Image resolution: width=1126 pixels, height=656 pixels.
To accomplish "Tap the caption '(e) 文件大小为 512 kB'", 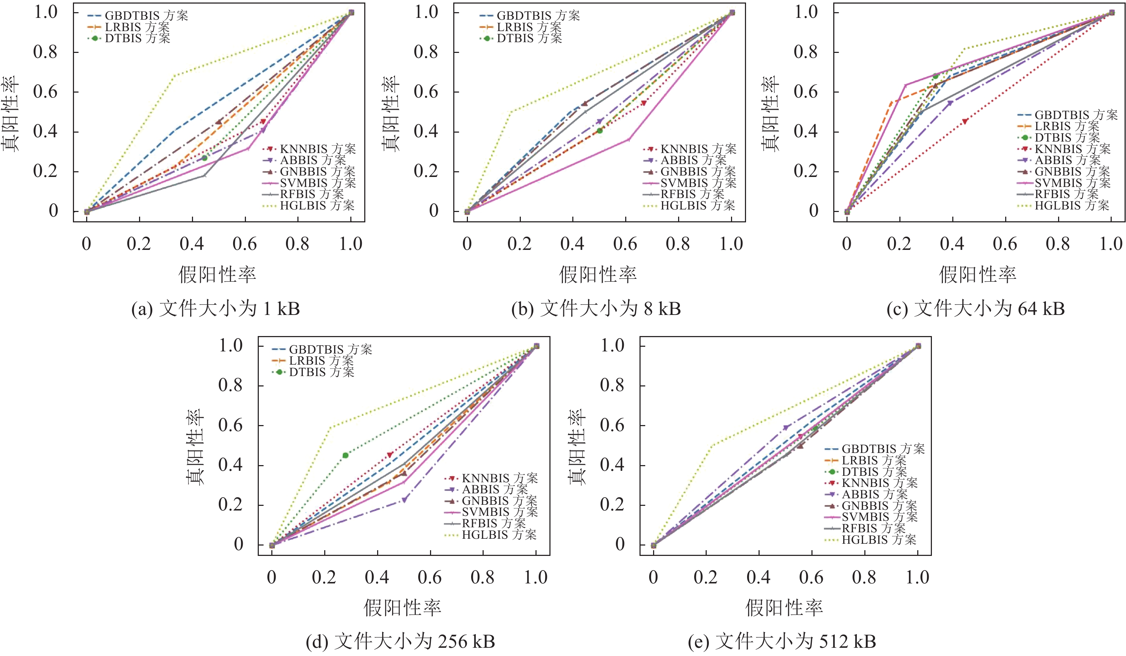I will tap(782, 642).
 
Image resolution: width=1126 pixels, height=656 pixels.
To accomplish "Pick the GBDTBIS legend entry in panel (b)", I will tap(530, 16).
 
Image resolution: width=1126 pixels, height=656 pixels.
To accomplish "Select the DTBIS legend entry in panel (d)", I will tap(313, 372).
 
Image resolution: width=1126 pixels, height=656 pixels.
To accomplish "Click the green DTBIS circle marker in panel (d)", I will tap(345, 455).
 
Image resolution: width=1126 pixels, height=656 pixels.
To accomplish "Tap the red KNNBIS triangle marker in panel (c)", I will tap(965, 122).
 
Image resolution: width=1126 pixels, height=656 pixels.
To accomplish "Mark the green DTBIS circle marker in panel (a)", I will tap(204, 158).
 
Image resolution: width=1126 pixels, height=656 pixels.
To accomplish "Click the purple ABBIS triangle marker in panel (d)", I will tap(404, 500).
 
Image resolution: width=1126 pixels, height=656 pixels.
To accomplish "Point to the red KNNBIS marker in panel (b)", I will tap(644, 103).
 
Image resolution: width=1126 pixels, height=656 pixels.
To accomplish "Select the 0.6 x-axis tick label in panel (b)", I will tap(625, 244).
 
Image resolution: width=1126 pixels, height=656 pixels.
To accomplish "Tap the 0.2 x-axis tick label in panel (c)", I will tap(899, 244).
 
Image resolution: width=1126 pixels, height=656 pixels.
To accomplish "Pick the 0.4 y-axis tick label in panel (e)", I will tap(612, 465).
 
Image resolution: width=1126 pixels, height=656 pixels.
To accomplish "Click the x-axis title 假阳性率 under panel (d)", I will tap(402, 608).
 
